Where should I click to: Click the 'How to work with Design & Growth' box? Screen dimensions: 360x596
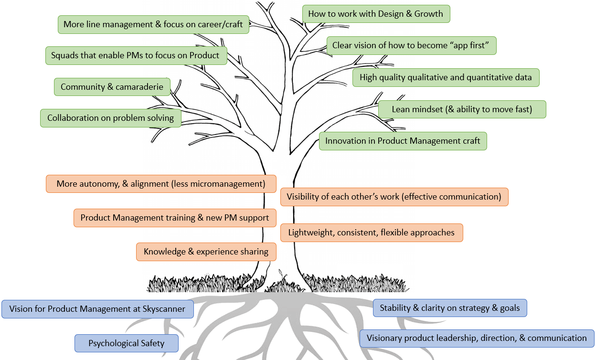(376, 14)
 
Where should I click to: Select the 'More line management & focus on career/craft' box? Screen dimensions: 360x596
(153, 24)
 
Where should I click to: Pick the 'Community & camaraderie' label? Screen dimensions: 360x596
(112, 87)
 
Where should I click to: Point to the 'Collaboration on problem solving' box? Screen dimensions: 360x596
(110, 118)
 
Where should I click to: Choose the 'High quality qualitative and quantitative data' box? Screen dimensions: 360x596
(446, 77)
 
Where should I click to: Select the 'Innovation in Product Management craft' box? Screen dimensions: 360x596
(403, 141)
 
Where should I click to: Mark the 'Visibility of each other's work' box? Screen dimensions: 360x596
(394, 197)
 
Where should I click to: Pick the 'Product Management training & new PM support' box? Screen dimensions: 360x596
(175, 218)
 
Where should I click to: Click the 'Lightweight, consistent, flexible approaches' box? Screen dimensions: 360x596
(371, 233)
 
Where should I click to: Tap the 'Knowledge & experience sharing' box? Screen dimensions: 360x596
(206, 252)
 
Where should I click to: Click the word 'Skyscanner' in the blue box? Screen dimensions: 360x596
(164, 309)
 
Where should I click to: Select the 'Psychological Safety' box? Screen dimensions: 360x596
(126, 343)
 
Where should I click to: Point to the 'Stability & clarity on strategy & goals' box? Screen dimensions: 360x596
(449, 308)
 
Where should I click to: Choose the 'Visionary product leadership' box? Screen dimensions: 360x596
(477, 338)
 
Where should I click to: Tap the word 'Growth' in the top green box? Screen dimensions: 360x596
(429, 14)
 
